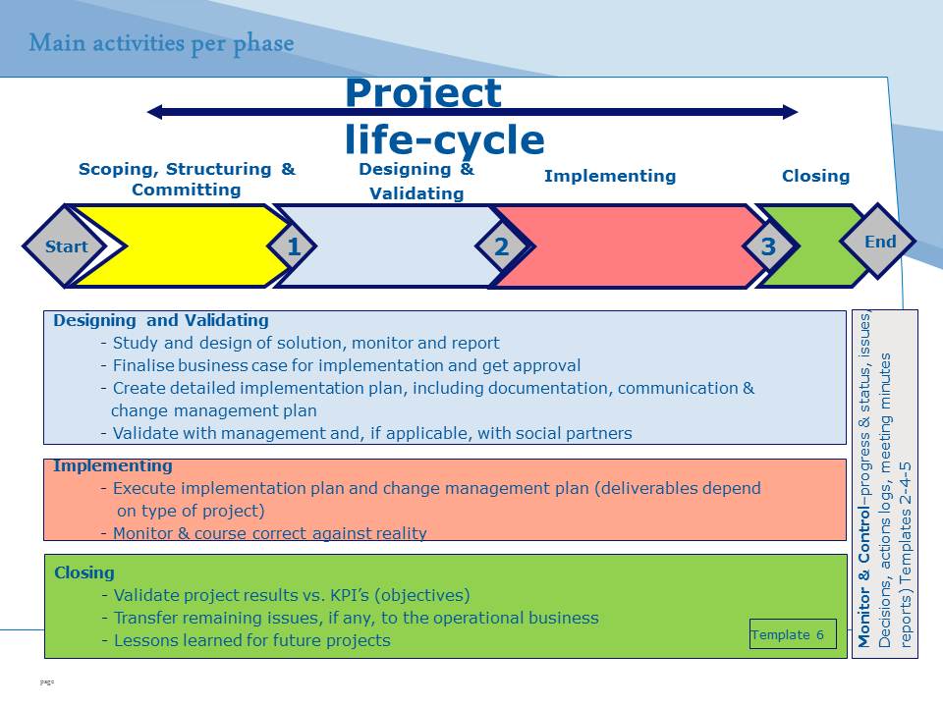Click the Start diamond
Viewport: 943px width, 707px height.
66,245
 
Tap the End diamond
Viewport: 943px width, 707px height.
878,242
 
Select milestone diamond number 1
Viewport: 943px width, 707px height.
293,245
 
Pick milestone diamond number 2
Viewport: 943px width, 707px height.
502,245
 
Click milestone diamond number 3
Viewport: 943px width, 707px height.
768,245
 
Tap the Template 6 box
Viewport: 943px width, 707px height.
793,634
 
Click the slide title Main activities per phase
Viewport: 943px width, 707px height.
161,44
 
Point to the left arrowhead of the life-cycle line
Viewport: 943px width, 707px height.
154,112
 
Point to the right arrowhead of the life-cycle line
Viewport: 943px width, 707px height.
790,112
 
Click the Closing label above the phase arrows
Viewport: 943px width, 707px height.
815,176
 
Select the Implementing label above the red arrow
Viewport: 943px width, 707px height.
610,176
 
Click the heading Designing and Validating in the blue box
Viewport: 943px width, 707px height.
161,320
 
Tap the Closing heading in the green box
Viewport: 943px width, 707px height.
84,572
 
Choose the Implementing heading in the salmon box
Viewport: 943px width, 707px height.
113,465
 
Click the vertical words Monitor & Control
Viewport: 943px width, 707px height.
863,577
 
